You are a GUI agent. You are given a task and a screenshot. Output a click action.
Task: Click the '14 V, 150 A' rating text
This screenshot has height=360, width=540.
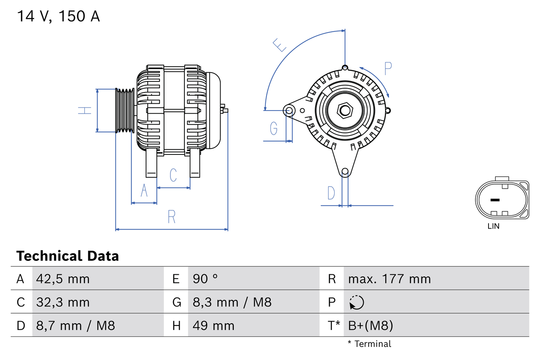pos(58,16)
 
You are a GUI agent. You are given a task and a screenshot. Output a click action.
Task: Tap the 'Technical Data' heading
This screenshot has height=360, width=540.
pos(67,256)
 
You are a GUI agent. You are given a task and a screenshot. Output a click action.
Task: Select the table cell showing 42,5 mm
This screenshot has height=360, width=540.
pos(63,279)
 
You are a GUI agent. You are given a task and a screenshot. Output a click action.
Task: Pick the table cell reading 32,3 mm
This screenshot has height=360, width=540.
pos(63,302)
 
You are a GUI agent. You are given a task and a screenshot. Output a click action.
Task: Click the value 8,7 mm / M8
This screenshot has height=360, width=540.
pos(76,325)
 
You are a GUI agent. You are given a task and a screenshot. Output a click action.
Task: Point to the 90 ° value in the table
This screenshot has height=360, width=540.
pos(205,279)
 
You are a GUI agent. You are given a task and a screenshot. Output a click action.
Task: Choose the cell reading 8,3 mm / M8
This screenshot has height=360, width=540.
pos(232,302)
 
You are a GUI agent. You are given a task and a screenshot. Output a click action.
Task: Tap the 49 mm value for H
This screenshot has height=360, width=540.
pos(213,325)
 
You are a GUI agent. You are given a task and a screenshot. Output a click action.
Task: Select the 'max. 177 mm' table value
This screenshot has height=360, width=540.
pos(389,279)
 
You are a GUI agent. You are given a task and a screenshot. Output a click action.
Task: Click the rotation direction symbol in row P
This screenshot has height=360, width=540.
pos(356,302)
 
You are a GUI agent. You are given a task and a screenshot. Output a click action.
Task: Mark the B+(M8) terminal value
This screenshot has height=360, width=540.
pos(370,325)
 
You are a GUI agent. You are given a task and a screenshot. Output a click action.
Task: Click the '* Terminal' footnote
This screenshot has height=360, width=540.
pos(369,344)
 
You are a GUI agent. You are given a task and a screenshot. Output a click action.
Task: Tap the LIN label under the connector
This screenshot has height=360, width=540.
pos(493,226)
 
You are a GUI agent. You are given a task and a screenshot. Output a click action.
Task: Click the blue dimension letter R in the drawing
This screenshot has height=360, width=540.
pos(171,217)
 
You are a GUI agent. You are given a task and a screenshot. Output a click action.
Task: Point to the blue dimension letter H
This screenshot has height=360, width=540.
pos(85,111)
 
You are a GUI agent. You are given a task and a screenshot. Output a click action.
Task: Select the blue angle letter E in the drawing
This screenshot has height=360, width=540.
pos(280,45)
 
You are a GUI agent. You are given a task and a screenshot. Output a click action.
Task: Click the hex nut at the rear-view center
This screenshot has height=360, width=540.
pos(345,111)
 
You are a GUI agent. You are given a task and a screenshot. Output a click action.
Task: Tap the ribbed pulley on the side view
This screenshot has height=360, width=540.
pos(125,111)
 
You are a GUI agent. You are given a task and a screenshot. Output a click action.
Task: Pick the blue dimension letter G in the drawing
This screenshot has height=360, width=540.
pos(274,127)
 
